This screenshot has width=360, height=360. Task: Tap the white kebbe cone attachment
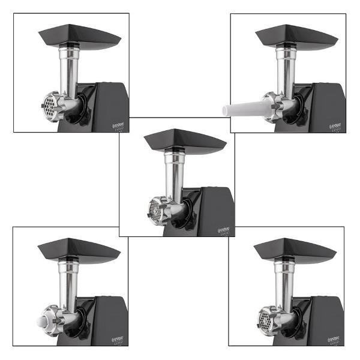click(x=42, y=318)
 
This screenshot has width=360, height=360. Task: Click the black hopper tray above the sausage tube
click(x=296, y=36)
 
